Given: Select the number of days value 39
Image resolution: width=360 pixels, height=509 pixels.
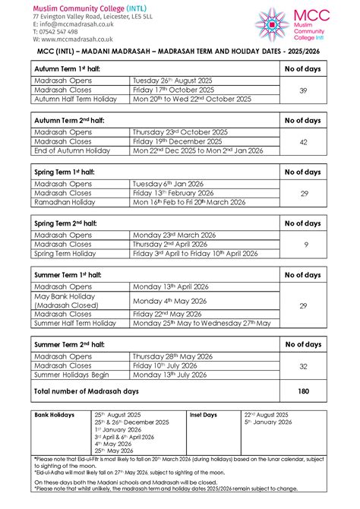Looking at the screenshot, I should (x=303, y=90).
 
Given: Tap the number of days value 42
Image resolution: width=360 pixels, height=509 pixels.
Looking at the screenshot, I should (x=303, y=141).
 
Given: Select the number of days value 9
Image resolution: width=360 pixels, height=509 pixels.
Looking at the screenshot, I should (x=303, y=245).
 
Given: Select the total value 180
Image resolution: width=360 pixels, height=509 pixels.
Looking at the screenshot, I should (x=303, y=390).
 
